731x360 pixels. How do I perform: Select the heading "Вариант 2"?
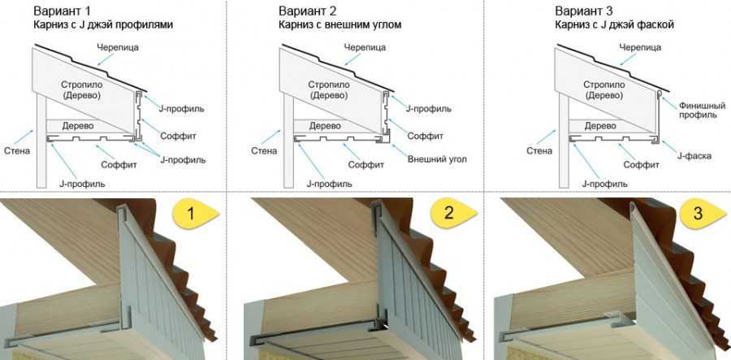(x=307, y=11)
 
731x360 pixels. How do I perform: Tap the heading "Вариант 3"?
(x=583, y=11)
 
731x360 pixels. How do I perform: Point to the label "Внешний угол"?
(x=437, y=159)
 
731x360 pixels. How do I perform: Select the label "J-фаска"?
(x=694, y=156)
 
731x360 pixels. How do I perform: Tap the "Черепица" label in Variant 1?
(x=118, y=47)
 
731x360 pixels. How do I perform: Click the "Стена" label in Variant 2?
(x=264, y=150)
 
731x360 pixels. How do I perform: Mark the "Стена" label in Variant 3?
(x=539, y=150)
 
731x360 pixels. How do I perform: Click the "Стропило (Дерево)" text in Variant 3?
(x=604, y=90)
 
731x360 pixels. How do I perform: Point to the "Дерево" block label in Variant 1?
(x=77, y=126)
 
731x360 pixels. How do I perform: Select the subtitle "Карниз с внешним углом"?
(x=340, y=24)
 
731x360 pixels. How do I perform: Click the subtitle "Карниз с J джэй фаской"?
(x=615, y=24)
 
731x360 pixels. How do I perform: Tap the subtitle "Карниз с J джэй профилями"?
(x=103, y=24)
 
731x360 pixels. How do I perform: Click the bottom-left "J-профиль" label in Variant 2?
(x=329, y=184)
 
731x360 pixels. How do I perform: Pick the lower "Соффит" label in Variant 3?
(x=641, y=165)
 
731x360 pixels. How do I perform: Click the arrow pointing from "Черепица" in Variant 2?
(x=353, y=59)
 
